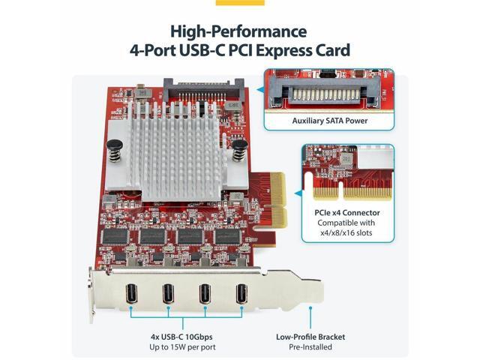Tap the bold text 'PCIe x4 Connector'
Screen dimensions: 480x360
347,212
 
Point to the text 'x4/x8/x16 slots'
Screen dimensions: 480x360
347,233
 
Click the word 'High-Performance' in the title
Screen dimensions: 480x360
238,31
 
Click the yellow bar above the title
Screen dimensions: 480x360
240,2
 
